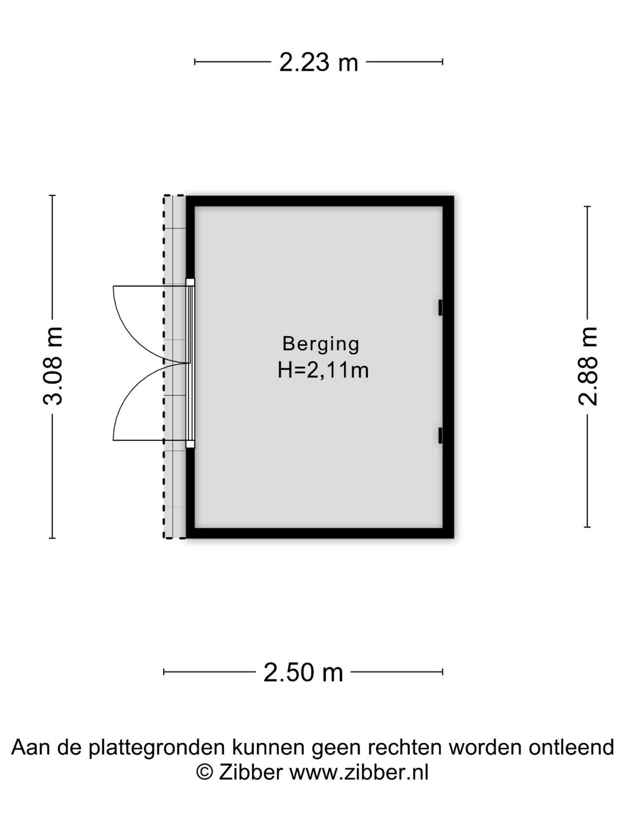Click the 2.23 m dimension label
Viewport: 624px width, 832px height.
point(318,62)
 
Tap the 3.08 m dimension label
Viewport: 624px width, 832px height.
point(53,366)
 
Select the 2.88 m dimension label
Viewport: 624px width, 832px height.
point(588,366)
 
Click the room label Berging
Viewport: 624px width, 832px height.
point(321,344)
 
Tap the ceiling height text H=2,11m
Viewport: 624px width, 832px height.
point(323,370)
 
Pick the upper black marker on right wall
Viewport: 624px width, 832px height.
point(440,307)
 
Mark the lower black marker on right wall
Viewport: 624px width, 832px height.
point(440,436)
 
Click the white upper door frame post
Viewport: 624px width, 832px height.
point(190,283)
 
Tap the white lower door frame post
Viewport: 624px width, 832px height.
point(190,444)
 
